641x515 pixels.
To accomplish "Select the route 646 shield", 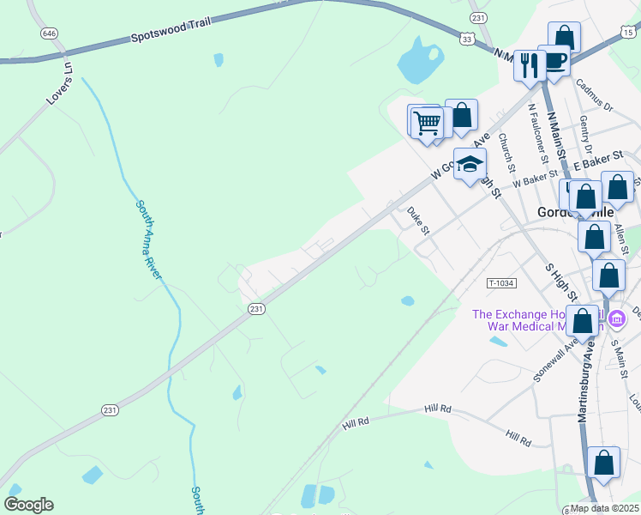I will pyautogui.click(x=49, y=33).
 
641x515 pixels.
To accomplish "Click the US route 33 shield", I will pyautogui.click(x=466, y=39).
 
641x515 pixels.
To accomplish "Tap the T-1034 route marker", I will pyautogui.click(x=502, y=283).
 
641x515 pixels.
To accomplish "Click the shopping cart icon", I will pyautogui.click(x=427, y=123).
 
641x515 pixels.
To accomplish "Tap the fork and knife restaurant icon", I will pyautogui.click(x=530, y=64).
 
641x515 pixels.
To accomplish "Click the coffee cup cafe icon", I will pyautogui.click(x=554, y=60).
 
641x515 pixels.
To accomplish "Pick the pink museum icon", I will pyautogui.click(x=617, y=319).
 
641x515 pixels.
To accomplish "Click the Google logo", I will pyautogui.click(x=28, y=505).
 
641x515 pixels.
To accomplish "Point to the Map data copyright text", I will pyautogui.click(x=605, y=508).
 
